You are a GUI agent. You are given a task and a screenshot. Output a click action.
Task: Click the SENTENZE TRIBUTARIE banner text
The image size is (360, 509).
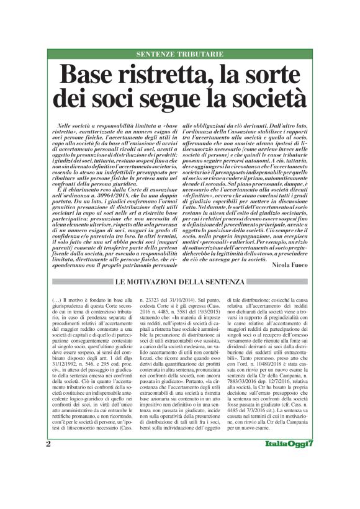coord(180,55)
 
